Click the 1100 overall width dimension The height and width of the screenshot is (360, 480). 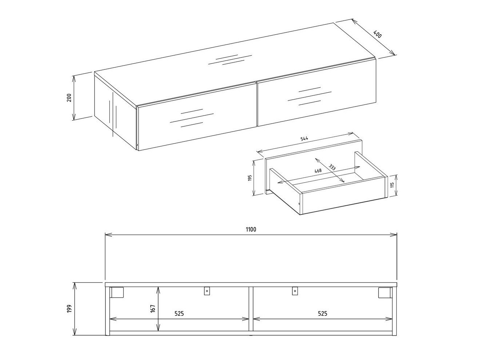[251, 229]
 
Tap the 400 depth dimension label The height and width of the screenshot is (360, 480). [378, 35]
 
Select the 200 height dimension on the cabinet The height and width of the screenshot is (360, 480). [69, 97]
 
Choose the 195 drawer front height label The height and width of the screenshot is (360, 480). [250, 178]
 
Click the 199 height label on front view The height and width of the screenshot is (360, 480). [69, 309]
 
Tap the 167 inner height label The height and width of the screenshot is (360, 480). [153, 308]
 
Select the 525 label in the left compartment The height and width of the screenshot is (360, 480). [179, 313]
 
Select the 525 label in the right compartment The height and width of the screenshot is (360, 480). [323, 313]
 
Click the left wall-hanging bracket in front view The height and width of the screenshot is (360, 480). [117, 292]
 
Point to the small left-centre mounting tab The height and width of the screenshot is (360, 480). [207, 291]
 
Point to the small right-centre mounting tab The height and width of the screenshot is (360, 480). [295, 291]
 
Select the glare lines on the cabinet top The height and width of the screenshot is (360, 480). [230, 60]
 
